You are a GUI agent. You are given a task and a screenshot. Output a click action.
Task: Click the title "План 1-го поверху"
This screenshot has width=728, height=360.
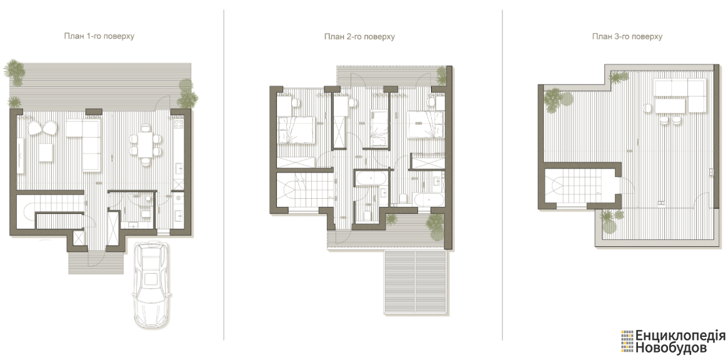[x=99, y=36]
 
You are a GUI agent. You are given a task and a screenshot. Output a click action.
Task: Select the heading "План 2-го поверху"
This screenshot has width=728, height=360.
[x=359, y=37]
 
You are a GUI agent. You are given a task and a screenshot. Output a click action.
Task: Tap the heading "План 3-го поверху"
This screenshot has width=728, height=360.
[x=627, y=36]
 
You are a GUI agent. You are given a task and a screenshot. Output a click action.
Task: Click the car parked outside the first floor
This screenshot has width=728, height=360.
[x=151, y=285]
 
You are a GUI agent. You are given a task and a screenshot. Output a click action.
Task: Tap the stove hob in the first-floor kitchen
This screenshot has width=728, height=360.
[x=178, y=124]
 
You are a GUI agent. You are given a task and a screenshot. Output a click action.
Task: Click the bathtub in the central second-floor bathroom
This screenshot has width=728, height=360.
[x=370, y=179]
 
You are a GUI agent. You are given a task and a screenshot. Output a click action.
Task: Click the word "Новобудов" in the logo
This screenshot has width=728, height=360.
[x=666, y=347]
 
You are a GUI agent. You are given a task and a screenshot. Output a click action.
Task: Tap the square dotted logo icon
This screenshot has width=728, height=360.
[x=627, y=341]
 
